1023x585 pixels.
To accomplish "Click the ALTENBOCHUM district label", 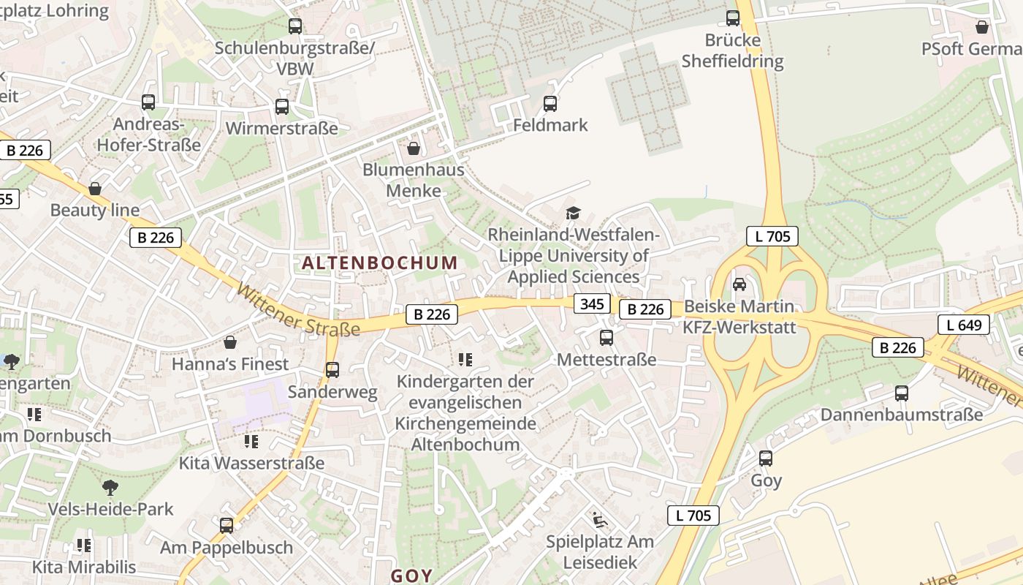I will pos(379,263).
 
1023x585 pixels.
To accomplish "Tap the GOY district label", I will pos(411,575).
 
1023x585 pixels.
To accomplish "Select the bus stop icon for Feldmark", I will pos(550,104).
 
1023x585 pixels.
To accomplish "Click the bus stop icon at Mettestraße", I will pos(606,338).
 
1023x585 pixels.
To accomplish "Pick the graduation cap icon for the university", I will pos(574,213).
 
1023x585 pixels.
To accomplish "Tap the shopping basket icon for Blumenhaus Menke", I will pos(414,149).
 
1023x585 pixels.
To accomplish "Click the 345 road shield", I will pos(591,303).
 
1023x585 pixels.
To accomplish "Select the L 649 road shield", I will pos(963,325).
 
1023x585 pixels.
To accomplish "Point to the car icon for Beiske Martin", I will pos(739,284).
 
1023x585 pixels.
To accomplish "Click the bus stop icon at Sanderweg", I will pos(332,370).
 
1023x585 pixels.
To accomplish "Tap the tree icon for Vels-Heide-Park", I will pos(110,487).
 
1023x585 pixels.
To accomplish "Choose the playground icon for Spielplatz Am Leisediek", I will pos(600,520).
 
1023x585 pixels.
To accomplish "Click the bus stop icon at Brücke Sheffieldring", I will pos(733,18).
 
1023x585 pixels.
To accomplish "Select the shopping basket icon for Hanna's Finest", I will pos(230,342).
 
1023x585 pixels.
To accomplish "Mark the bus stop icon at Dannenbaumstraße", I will pos(902,393).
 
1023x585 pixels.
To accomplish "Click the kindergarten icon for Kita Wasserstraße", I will pos(251,441).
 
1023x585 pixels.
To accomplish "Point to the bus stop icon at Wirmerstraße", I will pos(282,107).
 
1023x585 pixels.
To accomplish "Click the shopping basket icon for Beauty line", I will pos(95,189).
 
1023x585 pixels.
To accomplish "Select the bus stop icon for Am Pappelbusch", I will pos(227,525).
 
